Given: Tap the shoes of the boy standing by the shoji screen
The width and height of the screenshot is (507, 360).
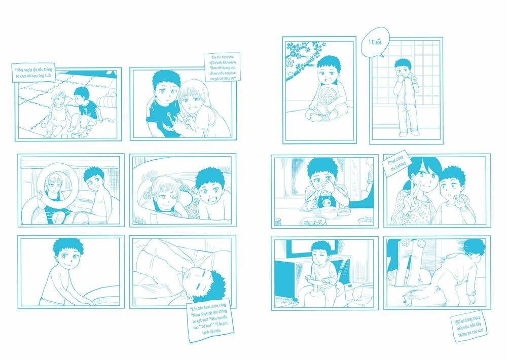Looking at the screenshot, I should coord(409,133).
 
